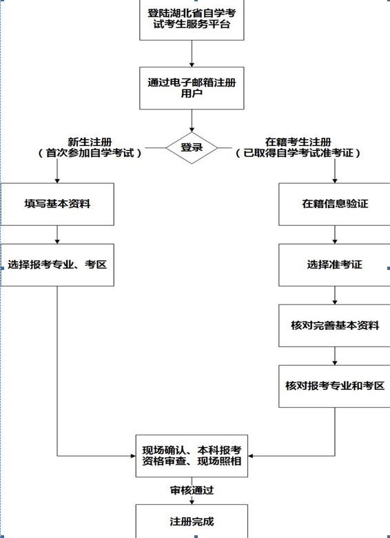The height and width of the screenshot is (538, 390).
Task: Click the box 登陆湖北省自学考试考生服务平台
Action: pyautogui.click(x=192, y=20)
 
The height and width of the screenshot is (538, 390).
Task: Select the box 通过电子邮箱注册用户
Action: pyautogui.click(x=192, y=88)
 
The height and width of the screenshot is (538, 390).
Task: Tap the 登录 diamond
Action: pyautogui.click(x=192, y=148)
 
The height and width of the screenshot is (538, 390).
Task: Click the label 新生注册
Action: pyautogui.click(x=90, y=142)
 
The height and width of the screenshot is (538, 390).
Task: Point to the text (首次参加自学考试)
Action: pyautogui.click(x=90, y=153)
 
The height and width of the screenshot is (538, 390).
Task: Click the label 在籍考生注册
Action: pyautogui.click(x=298, y=142)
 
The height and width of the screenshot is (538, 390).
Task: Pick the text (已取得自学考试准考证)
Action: pyautogui.click(x=298, y=153)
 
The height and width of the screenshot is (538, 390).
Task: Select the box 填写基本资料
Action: pyautogui.click(x=57, y=204)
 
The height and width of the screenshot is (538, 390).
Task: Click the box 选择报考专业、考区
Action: pyautogui.click(x=57, y=265)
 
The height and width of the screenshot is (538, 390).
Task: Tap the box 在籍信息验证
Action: pyautogui.click(x=335, y=204)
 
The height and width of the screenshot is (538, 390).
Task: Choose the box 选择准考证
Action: pyautogui.click(x=335, y=265)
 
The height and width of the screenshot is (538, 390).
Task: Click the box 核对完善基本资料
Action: pyautogui.click(x=335, y=325)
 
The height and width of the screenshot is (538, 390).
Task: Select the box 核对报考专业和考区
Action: pyautogui.click(x=335, y=386)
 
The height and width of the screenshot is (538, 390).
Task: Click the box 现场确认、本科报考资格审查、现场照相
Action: pyautogui.click(x=192, y=456)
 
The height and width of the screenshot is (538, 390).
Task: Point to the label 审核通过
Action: pyautogui.click(x=192, y=490)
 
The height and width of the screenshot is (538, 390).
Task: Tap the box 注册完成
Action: pyautogui.click(x=192, y=521)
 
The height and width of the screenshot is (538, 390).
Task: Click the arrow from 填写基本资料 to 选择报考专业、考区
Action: pyautogui.click(x=57, y=235)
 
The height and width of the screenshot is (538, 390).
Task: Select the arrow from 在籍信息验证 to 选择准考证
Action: pyautogui.click(x=335, y=235)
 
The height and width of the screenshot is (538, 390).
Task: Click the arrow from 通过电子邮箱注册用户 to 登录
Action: pyautogui.click(x=192, y=121)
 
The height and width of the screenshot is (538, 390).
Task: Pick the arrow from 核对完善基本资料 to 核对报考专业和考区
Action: pyautogui.click(x=335, y=356)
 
